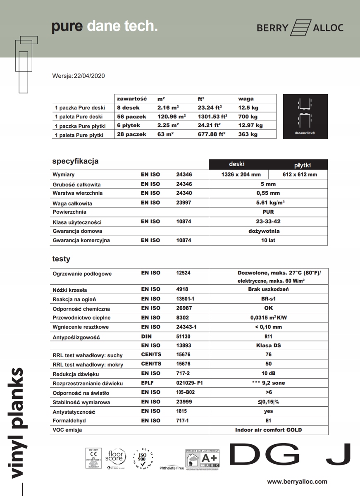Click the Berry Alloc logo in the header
tap(300, 28)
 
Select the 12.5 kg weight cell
tap(248, 107)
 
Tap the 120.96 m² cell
tap(172, 117)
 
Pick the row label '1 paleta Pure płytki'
tap(79, 135)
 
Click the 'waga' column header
tap(246, 99)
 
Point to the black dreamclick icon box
tap(305, 116)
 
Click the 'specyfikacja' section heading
tap(75, 161)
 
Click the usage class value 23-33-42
tap(268, 221)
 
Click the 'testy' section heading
tap(61, 259)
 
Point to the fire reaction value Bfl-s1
tap(268, 299)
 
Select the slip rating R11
tap(268, 336)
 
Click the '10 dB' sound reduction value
tap(268, 374)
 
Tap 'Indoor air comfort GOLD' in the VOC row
tap(268, 430)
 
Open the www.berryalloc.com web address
tap(297, 482)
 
